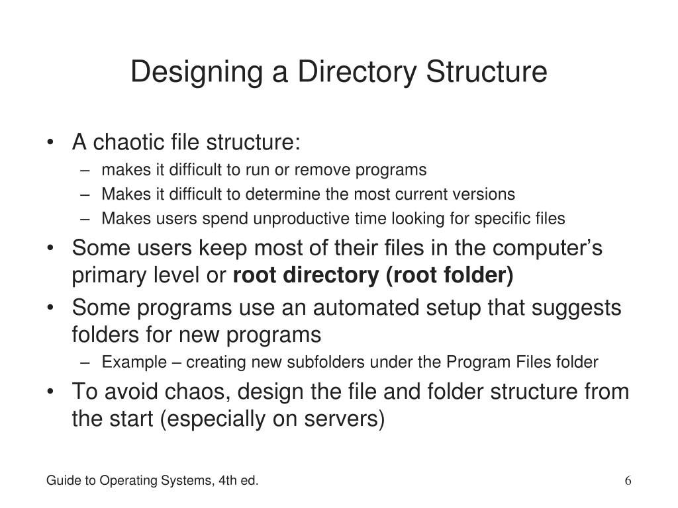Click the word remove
(x=320, y=170)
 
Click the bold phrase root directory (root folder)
(x=373, y=276)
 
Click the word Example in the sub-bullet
(x=127, y=362)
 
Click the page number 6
(x=628, y=480)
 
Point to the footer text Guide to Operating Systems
(x=130, y=480)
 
